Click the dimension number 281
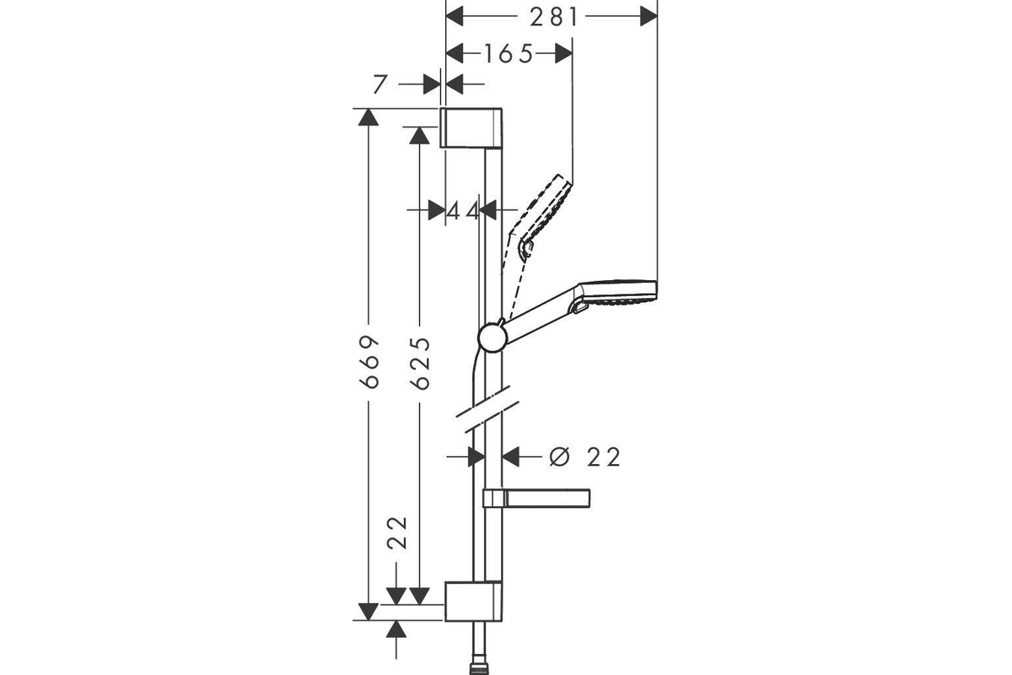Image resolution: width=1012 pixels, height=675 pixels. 554,18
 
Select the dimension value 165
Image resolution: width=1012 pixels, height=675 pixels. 509,54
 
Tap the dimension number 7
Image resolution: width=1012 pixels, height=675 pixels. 380,84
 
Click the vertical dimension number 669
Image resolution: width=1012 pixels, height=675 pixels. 369,362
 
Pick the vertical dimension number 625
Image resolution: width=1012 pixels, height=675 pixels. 420,363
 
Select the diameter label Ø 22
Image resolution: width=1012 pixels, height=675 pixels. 585,456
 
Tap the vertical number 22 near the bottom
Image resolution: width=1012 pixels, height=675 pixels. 397,532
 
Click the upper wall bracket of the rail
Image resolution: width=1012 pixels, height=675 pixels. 471,128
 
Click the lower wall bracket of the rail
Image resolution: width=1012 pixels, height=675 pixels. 473,602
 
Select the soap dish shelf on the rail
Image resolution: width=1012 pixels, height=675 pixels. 536,498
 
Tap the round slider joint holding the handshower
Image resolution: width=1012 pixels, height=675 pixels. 493,337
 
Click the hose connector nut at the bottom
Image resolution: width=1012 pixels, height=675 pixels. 479,668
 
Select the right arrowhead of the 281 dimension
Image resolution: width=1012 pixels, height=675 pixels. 649,17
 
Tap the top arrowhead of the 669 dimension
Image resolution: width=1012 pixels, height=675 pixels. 369,117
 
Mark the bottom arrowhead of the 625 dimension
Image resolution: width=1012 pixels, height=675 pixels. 419,597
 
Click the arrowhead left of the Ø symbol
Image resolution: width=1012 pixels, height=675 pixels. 510,456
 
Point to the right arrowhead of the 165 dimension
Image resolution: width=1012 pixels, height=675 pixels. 564,54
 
